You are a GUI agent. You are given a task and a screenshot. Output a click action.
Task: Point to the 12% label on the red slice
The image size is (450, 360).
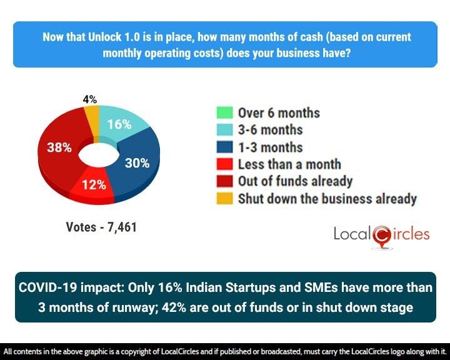pos(92,186)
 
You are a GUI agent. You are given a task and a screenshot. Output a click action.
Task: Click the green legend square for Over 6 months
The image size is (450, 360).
pos(224,113)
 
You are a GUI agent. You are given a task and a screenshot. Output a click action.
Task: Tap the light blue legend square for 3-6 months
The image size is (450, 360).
pos(224,130)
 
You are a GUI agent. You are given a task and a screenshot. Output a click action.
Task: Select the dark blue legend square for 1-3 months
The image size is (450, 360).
pos(224,147)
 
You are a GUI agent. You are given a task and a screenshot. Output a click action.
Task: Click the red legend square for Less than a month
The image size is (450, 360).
pos(224,164)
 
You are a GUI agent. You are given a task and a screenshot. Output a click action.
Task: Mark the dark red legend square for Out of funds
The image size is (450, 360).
pos(224,181)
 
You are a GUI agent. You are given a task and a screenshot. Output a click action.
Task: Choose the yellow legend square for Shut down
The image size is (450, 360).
pos(224,199)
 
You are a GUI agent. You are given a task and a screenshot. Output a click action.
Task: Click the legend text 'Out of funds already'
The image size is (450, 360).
pos(295,181)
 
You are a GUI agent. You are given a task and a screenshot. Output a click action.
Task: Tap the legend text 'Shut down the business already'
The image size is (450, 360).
pos(327,199)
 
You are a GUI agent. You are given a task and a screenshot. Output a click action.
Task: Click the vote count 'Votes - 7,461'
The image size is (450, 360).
pos(101,227)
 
